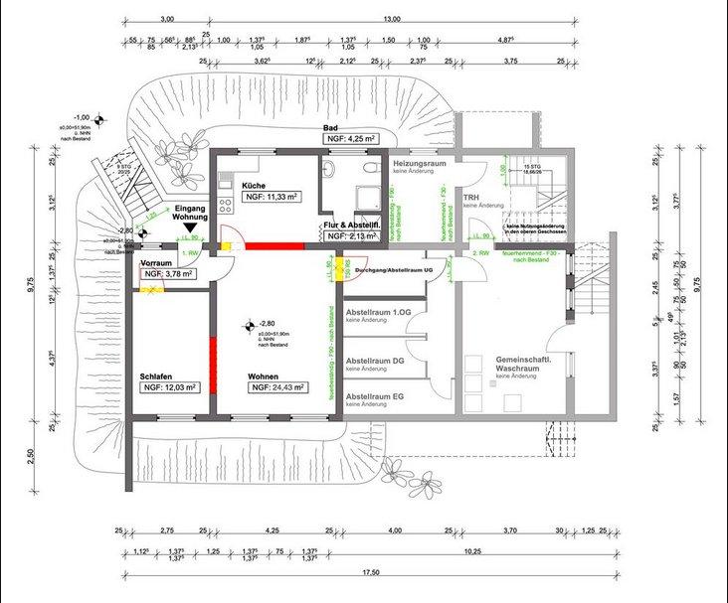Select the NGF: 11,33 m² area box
279,198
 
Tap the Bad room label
332,129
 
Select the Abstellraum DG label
374,361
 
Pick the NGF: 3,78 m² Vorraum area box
168,273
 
